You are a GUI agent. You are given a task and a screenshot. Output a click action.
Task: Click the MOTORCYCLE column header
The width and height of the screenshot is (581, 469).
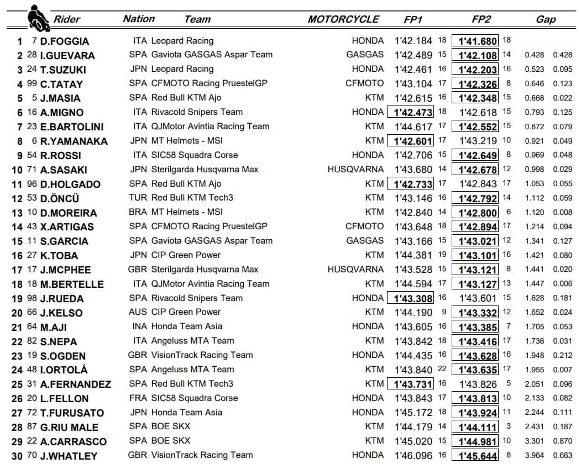[x=343, y=19]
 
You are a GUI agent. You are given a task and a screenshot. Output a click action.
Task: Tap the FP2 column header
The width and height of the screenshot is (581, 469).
[x=481, y=19]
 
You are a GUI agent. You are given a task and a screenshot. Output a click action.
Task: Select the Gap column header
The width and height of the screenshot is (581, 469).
[x=546, y=19]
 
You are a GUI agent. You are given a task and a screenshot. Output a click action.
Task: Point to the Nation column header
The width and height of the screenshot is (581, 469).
[x=139, y=19]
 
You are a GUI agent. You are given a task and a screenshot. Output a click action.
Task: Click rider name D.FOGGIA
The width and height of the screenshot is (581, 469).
[x=64, y=41]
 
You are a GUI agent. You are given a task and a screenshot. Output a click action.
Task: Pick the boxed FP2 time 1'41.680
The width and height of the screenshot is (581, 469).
[x=475, y=41]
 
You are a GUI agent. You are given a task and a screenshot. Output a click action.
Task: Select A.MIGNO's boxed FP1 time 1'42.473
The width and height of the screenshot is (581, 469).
[x=410, y=112]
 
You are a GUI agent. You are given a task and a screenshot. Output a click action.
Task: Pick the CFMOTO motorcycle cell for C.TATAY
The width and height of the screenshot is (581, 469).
[x=364, y=83]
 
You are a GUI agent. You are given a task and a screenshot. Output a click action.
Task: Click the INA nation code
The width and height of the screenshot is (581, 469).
[x=140, y=326]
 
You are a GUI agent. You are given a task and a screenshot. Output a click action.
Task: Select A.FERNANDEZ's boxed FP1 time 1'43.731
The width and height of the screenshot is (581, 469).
[x=410, y=384]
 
